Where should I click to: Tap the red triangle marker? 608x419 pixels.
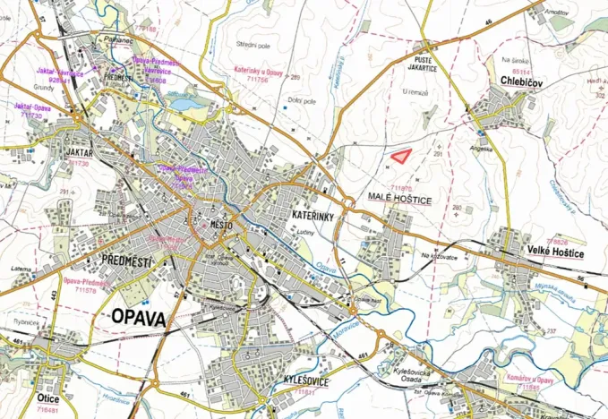click(402, 155)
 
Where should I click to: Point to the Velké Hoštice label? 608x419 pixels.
click(555, 253)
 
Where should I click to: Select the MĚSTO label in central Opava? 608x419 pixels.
click(219, 226)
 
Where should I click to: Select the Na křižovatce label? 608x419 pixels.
click(439, 256)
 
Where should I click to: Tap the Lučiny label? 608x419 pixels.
click(304, 233)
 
